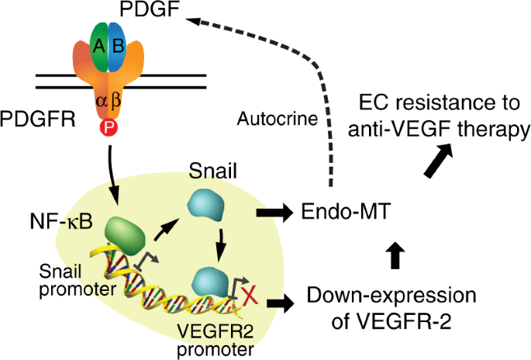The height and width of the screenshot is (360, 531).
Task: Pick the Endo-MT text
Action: tap(335, 210)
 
